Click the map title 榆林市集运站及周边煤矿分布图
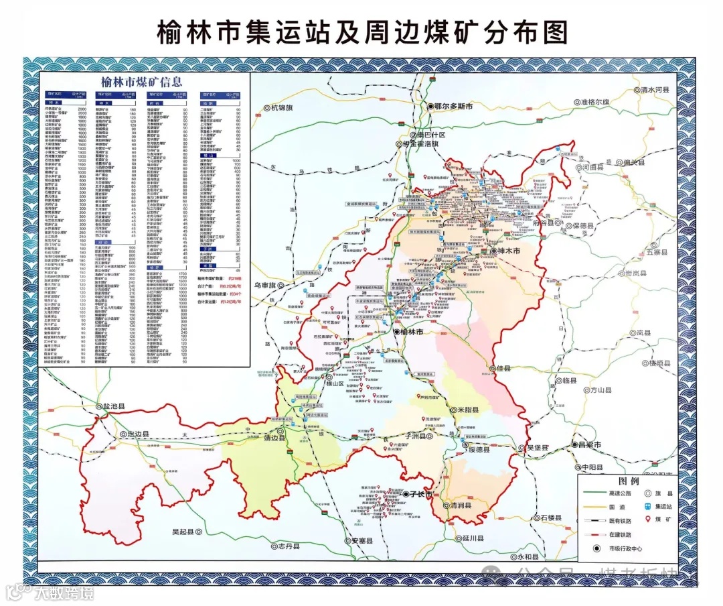(361, 32)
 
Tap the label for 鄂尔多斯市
(454, 107)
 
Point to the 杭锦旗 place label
(283, 107)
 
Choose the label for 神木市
(509, 251)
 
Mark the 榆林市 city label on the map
(413, 332)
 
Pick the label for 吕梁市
(590, 444)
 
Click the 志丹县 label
(290, 546)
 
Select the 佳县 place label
(503, 369)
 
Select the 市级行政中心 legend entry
(625, 548)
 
